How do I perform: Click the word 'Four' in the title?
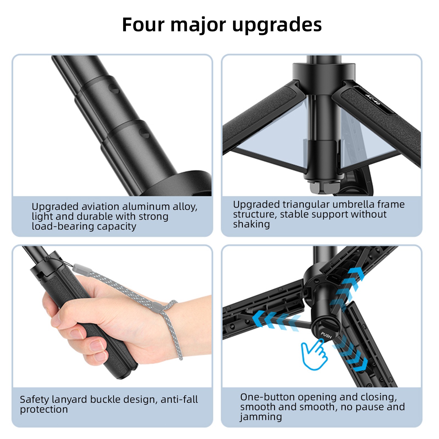click(143, 25)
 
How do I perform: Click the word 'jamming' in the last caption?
click(261, 417)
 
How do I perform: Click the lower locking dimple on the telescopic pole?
click(144, 133)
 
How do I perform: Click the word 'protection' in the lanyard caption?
click(44, 409)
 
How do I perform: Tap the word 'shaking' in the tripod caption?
click(251, 224)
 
